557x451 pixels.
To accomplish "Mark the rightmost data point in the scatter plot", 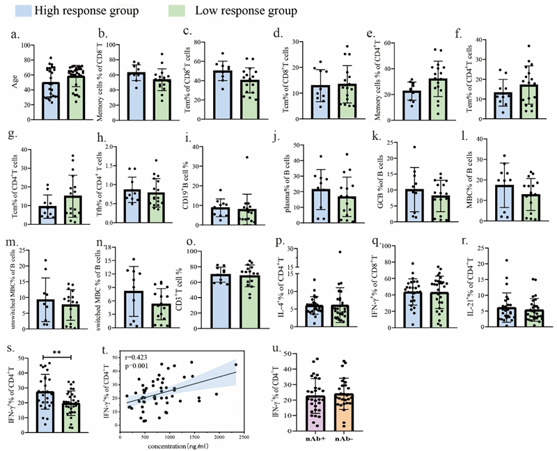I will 235,365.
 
